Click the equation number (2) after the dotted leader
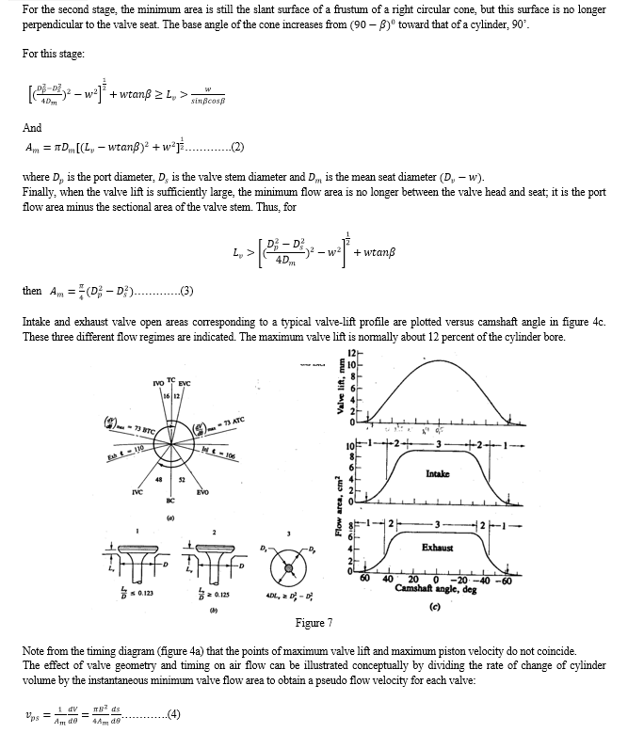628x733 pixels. (237, 148)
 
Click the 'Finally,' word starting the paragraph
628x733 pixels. (39, 190)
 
